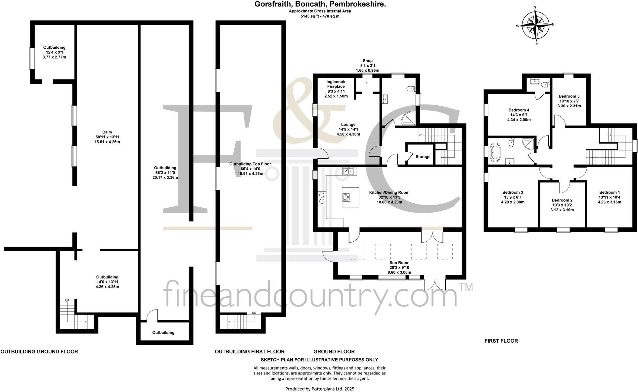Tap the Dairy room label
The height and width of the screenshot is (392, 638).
pyautogui.click(x=107, y=132)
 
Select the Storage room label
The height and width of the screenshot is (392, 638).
pyautogui.click(x=423, y=157)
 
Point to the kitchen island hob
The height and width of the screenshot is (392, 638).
pyautogui.click(x=346, y=197)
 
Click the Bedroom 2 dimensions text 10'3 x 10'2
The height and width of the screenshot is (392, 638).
pyautogui.click(x=562, y=205)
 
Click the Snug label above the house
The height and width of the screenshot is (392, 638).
pyautogui.click(x=367, y=61)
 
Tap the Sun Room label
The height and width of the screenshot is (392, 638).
pyautogui.click(x=399, y=263)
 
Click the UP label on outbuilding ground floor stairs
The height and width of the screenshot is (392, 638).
pyautogui.click(x=67, y=300)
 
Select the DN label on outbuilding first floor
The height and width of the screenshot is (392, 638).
pyautogui.click(x=254, y=313)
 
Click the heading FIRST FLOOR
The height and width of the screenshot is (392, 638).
pyautogui.click(x=501, y=341)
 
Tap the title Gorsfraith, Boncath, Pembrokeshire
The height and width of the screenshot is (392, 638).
pyautogui.click(x=320, y=4)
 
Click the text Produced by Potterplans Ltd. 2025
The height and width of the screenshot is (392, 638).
pyautogui.click(x=320, y=389)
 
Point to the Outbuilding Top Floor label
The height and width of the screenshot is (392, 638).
pyautogui.click(x=250, y=164)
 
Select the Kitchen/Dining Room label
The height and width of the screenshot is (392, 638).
pyautogui.click(x=389, y=192)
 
